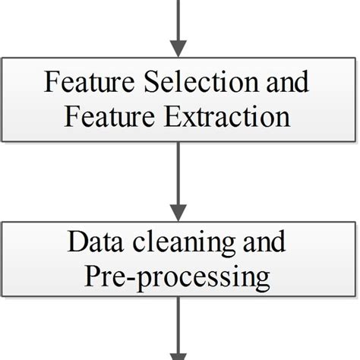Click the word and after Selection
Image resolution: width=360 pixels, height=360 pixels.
click(283, 82)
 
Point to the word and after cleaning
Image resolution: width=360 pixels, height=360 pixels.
click(263, 243)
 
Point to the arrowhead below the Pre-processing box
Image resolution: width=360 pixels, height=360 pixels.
click(178, 353)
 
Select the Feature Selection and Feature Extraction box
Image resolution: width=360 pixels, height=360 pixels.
click(178, 99)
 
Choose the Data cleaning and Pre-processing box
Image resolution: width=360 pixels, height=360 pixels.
click(178, 261)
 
